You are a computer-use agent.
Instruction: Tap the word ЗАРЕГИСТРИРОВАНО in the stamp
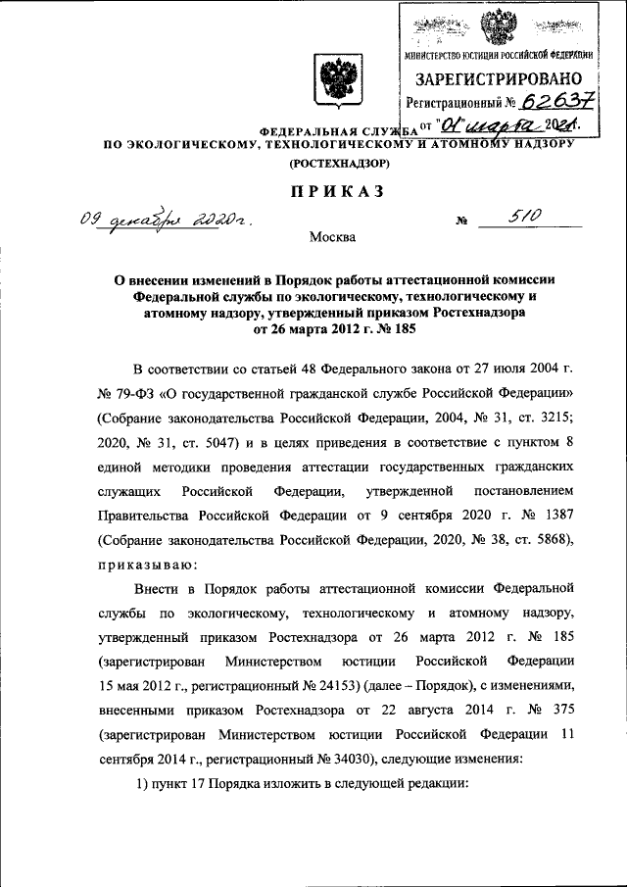(x=498, y=78)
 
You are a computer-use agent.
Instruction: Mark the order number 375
(x=555, y=709)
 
